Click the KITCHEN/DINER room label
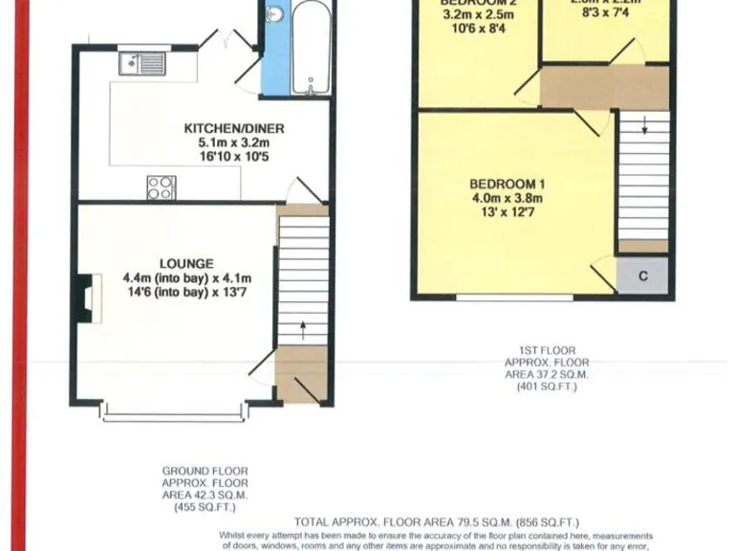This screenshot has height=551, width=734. click(234, 129)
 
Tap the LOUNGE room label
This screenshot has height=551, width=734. click(187, 263)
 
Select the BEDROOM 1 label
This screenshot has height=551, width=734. click(507, 184)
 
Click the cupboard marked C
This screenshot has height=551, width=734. click(643, 276)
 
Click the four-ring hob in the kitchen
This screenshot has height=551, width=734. click(161, 187)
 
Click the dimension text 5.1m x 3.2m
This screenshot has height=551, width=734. click(234, 143)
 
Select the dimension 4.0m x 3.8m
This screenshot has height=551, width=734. click(507, 198)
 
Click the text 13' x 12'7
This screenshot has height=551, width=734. click(507, 211)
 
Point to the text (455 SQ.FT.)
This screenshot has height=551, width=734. click(205, 508)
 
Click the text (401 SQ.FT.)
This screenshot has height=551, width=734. click(547, 387)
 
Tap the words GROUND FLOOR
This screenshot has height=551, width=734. click(205, 471)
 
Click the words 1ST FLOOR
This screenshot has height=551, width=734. click(547, 351)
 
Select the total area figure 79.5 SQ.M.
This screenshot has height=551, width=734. click(464, 522)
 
